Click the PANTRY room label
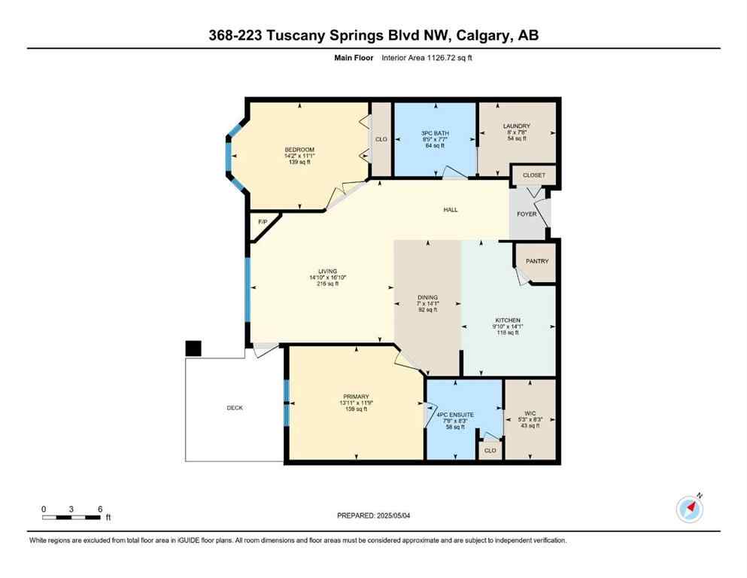click(537, 261)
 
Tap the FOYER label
click(527, 214)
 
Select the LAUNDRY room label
click(517, 126)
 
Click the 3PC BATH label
click(434, 133)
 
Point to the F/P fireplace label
click(263, 222)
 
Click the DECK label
click(235, 408)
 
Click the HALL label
click(450, 210)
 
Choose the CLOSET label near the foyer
click(533, 175)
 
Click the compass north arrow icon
click(689, 509)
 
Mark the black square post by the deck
click(193, 348)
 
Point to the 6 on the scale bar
click(99, 509)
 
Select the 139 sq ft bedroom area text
click(299, 162)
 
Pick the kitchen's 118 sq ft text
click(508, 332)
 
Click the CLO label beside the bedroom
click(381, 139)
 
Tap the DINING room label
click(427, 297)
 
